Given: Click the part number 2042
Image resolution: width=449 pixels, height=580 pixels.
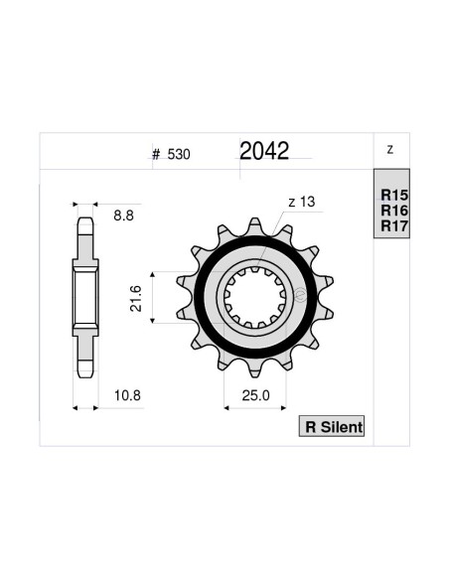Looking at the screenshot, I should pyautogui.click(x=264, y=151).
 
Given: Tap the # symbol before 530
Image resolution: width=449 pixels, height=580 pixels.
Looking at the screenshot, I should pyautogui.click(x=157, y=155).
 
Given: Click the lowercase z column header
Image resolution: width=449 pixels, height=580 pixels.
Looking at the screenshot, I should pyautogui.click(x=389, y=150).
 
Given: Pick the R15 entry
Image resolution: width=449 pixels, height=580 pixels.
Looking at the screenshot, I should pyautogui.click(x=394, y=197).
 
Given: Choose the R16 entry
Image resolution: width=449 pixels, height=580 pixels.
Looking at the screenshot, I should pyautogui.click(x=394, y=212).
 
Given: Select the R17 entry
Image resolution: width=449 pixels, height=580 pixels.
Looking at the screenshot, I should pyautogui.click(x=394, y=226).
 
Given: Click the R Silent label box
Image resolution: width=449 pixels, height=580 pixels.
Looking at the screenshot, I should pyautogui.click(x=333, y=427).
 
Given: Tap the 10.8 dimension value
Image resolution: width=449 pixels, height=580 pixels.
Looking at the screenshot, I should pyautogui.click(x=127, y=395).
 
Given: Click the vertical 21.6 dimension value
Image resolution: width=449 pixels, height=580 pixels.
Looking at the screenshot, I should pyautogui.click(x=137, y=298).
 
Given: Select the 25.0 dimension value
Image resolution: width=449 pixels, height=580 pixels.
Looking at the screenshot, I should pyautogui.click(x=253, y=395).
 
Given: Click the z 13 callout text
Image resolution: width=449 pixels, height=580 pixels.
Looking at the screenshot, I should pyautogui.click(x=301, y=203).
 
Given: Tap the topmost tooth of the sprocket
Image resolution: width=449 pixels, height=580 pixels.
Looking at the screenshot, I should pyautogui.click(x=255, y=226).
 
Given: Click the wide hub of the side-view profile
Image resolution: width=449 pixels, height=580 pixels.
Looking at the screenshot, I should pyautogui.click(x=85, y=298).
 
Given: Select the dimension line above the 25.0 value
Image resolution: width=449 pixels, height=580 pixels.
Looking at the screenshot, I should pyautogui.click(x=254, y=407).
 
